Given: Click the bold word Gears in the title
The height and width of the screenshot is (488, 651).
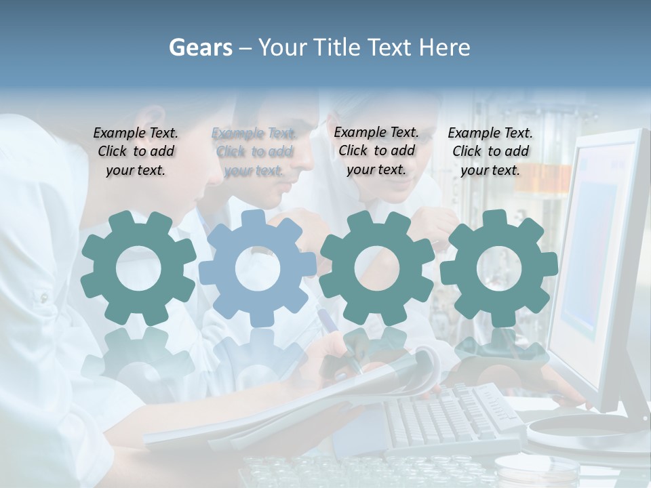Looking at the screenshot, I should [x=200, y=47].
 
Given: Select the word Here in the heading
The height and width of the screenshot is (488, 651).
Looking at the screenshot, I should [x=444, y=47].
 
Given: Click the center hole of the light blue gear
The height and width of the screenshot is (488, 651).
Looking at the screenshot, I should [x=258, y=268].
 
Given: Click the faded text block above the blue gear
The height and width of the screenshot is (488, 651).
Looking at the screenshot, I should [x=254, y=152].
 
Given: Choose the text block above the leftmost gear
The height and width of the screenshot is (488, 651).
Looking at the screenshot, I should [x=136, y=152].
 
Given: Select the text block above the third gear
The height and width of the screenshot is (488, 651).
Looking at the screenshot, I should [x=376, y=151].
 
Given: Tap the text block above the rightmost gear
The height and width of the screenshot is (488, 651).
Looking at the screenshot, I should [x=490, y=152].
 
